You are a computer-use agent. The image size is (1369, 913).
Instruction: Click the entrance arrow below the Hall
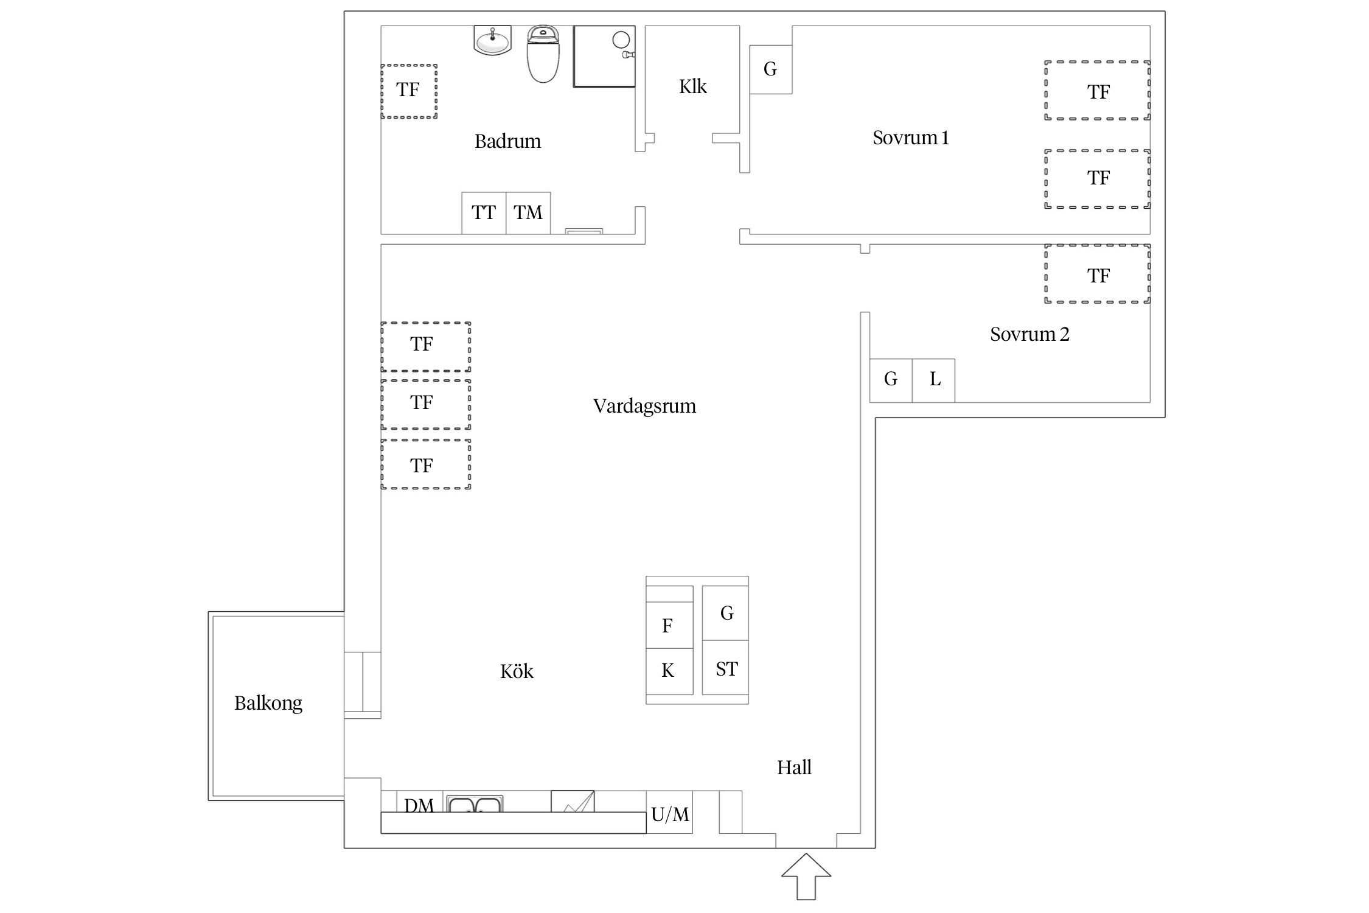806,876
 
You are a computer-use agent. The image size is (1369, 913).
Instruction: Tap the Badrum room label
507,141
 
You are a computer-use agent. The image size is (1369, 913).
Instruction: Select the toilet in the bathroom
543,54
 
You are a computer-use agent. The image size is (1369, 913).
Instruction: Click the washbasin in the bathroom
492,40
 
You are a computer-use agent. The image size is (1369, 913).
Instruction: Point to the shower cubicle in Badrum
604,56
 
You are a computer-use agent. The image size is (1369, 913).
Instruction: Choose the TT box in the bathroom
484,213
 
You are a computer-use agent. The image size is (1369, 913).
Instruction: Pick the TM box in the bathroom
528,213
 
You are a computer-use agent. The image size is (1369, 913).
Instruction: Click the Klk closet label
693,86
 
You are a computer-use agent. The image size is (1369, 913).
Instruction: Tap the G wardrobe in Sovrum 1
771,69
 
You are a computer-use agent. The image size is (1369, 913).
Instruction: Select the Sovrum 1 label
911,138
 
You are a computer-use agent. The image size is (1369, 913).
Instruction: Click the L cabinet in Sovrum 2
933,380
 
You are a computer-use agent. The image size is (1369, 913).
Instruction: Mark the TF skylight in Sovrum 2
1098,274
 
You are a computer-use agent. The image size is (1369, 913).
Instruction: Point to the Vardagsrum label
644,406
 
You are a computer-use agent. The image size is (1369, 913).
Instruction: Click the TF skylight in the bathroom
409,91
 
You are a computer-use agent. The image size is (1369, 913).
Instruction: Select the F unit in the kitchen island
669,625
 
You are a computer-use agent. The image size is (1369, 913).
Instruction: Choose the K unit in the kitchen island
669,671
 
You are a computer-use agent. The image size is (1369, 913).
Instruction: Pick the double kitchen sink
474,803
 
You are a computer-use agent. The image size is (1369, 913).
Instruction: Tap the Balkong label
268,704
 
